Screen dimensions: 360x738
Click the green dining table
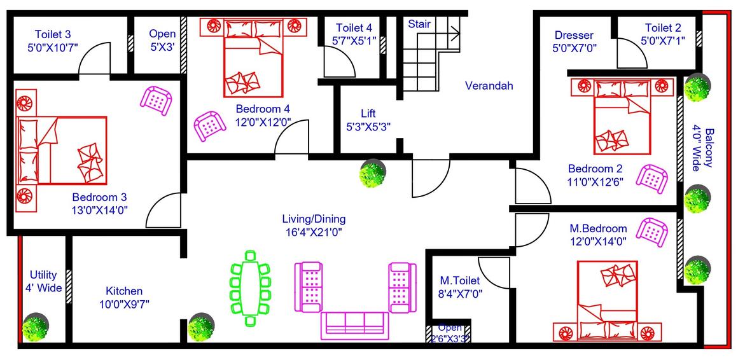click(250, 289)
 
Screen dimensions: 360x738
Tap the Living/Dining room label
click(314, 219)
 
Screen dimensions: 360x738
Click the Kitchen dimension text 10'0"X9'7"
click(124, 304)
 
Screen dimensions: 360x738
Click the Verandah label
click(489, 86)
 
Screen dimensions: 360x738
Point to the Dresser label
click(573, 35)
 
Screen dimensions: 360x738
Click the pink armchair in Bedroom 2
click(652, 177)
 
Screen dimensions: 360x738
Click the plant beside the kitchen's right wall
click(202, 327)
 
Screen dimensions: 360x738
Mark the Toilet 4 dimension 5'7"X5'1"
click(354, 40)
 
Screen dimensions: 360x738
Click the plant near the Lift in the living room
click(372, 174)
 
